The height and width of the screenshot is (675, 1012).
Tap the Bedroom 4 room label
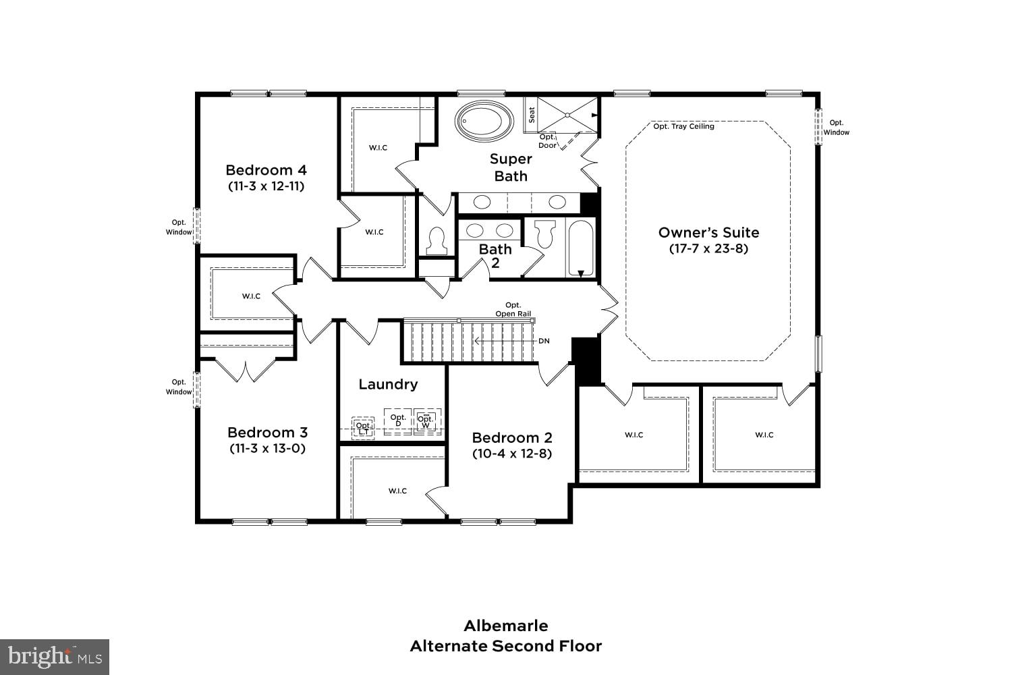tap(266, 170)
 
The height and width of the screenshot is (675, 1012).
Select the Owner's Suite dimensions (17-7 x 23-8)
tap(708, 248)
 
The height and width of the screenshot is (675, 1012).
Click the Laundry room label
tap(388, 384)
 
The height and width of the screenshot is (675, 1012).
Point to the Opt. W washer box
tap(426, 422)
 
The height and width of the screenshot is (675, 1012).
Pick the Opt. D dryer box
tap(398, 421)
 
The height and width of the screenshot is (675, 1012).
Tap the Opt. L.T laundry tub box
tap(363, 428)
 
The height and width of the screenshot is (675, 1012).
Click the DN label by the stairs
tap(544, 341)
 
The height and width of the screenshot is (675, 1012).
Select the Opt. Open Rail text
tap(513, 309)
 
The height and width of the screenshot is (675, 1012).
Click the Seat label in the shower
tap(532, 115)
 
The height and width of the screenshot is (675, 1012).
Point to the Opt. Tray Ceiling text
tap(683, 126)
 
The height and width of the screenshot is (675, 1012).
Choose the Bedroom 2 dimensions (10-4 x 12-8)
tap(511, 454)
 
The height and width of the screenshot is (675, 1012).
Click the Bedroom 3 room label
tap(267, 433)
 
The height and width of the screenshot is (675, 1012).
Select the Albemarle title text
tap(506, 626)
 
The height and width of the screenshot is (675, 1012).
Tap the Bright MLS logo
tap(55, 657)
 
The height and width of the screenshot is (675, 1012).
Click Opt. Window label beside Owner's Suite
tap(836, 128)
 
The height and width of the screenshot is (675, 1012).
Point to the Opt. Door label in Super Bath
tap(547, 141)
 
